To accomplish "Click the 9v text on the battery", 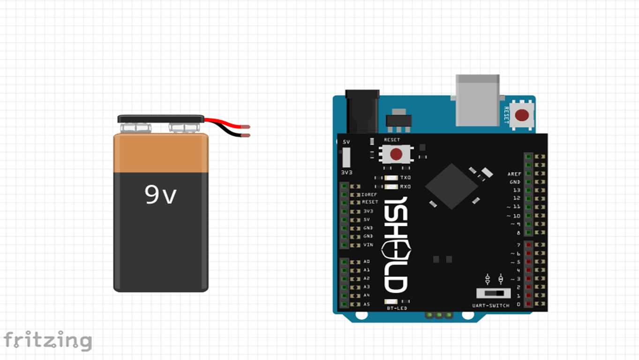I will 161,195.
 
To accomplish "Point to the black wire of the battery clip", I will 230,133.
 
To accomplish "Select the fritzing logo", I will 47,341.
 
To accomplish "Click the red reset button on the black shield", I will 396,154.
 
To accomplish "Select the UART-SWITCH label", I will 491,306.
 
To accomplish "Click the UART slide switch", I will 493,293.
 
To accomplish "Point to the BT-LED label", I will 397,308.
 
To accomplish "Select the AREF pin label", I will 514,174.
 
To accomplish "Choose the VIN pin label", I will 368,245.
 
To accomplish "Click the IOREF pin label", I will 369,194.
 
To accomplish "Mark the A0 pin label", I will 367,262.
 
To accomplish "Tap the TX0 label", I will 405,178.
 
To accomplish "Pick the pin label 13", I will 517,190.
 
